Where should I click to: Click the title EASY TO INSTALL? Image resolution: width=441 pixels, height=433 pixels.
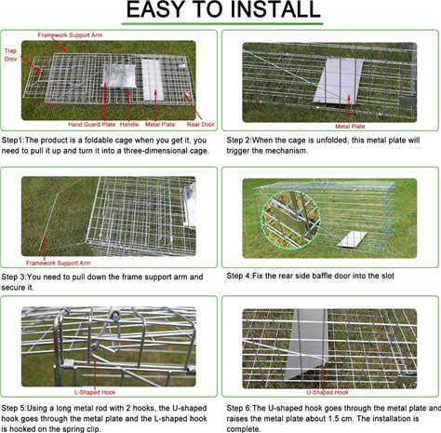click(x=223, y=9)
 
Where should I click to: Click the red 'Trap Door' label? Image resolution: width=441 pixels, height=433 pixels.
click(x=10, y=55)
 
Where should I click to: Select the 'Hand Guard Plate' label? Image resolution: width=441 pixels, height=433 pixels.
click(x=92, y=125)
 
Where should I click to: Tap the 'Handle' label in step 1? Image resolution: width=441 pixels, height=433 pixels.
click(x=129, y=125)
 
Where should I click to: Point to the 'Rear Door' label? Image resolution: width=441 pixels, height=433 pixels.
click(x=200, y=125)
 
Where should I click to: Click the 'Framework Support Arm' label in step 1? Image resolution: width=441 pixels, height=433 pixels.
click(x=70, y=35)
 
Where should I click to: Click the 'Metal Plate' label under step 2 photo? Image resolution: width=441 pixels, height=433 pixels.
click(x=350, y=127)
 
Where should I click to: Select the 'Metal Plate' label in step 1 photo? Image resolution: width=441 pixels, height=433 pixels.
click(x=160, y=125)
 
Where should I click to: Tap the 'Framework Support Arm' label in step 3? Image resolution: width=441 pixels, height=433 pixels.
click(x=59, y=263)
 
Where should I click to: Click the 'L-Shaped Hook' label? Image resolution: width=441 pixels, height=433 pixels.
click(x=95, y=392)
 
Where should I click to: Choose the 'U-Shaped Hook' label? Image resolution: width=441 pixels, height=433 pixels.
click(x=327, y=392)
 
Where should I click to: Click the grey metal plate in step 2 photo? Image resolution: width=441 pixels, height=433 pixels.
click(x=339, y=81)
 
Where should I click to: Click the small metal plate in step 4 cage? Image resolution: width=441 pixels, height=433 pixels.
click(x=353, y=239)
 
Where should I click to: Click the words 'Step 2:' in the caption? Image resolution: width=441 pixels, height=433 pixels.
click(x=238, y=141)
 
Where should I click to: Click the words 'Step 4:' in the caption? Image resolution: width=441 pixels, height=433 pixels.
click(x=238, y=276)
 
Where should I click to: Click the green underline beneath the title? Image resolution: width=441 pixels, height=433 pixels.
click(x=222, y=23)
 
